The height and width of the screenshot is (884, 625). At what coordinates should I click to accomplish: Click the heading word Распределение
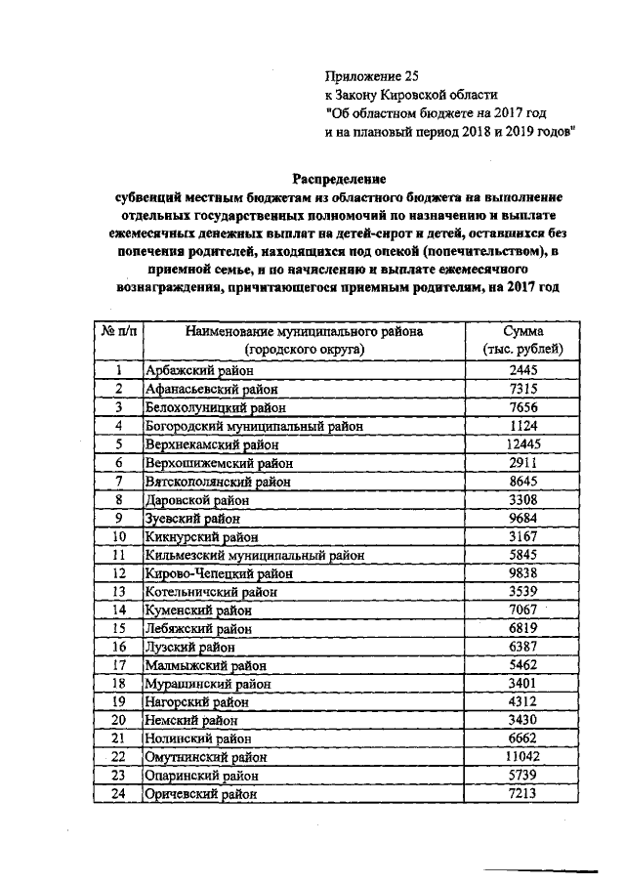tap(341, 179)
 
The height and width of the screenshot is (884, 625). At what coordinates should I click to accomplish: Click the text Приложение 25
tap(376, 75)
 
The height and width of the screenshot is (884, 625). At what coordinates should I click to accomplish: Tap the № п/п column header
tap(118, 331)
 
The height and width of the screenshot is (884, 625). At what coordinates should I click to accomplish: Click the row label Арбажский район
tap(199, 370)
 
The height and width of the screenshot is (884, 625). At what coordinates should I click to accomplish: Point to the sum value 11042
tap(523, 757)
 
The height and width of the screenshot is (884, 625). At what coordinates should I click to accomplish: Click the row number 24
tap(118, 794)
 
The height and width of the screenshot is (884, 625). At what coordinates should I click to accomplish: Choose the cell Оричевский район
tap(202, 794)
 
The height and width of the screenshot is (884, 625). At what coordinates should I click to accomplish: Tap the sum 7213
tap(523, 794)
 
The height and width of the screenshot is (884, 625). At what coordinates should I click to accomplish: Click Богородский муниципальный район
tap(253, 426)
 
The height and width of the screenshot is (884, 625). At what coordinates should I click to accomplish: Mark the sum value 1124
tap(523, 426)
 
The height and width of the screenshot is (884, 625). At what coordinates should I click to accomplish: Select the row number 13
tap(118, 591)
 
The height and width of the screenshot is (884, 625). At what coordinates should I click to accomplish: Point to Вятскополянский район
tap(217, 481)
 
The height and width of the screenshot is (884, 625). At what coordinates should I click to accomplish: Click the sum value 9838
tap(523, 572)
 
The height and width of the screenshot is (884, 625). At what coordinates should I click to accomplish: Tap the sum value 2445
tap(523, 370)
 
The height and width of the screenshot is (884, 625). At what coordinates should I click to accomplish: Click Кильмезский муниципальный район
tap(254, 555)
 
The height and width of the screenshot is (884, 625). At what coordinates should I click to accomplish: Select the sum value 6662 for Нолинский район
tap(523, 738)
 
